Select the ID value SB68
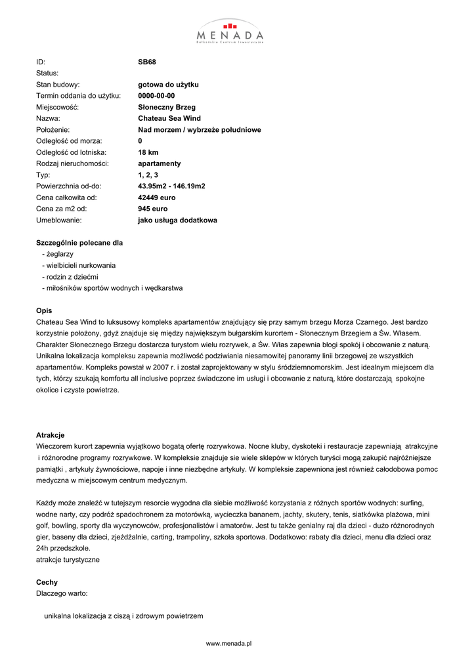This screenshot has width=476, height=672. pos(146,62)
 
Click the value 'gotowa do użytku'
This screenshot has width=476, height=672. pos(168,85)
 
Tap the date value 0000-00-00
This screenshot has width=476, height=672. pos(156,96)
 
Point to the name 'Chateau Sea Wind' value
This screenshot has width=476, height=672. pos(169,119)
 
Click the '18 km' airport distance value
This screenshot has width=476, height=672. pos(148,152)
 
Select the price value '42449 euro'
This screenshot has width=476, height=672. pos(157,198)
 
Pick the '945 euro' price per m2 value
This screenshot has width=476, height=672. pos(153,209)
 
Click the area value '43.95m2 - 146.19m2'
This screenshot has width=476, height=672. pos(171,186)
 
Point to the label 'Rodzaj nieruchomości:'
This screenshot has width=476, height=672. pos(72,163)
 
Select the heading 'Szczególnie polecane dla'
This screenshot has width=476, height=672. pos(79,243)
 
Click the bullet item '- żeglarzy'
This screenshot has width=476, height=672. pos(58,254)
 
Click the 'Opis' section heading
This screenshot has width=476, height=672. pos(43,310)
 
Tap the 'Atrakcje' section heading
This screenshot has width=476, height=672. pos(50,435)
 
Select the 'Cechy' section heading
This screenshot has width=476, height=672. pos(47,582)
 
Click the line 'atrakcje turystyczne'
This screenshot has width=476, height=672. pos(68,560)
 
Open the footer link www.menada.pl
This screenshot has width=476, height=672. pos(229,644)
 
